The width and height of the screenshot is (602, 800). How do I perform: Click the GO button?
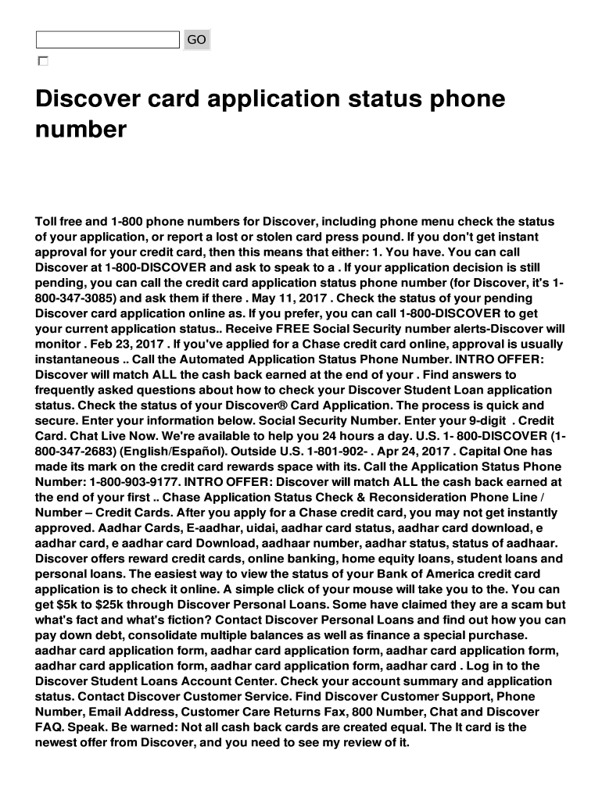point(196,39)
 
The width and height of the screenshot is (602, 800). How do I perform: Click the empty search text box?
point(108,39)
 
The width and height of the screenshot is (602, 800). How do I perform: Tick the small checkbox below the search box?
point(42,61)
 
